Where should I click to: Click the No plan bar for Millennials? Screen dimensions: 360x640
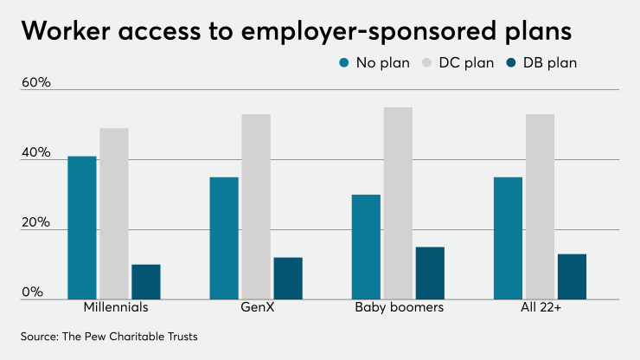pos(82,228)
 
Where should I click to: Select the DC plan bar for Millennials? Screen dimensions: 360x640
pos(114,214)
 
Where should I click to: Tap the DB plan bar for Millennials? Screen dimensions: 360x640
pos(146,281)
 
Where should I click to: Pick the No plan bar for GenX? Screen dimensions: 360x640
pos(224,238)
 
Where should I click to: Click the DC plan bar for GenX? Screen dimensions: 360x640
pos(256,207)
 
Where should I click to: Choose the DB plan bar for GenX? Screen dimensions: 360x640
pos(288,278)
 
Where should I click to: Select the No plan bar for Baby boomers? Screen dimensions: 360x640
pos(366,247)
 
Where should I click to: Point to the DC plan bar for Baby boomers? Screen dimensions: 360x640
pos(398,203)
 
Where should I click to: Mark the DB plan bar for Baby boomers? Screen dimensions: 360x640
pos(430,273)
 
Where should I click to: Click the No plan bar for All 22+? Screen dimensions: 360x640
pos(508,238)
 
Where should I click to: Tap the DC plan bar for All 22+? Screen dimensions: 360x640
pos(540,207)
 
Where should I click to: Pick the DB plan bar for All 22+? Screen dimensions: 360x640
pos(572,276)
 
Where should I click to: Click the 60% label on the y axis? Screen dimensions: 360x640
pos(37,82)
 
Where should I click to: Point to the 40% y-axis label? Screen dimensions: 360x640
pos(37,152)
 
